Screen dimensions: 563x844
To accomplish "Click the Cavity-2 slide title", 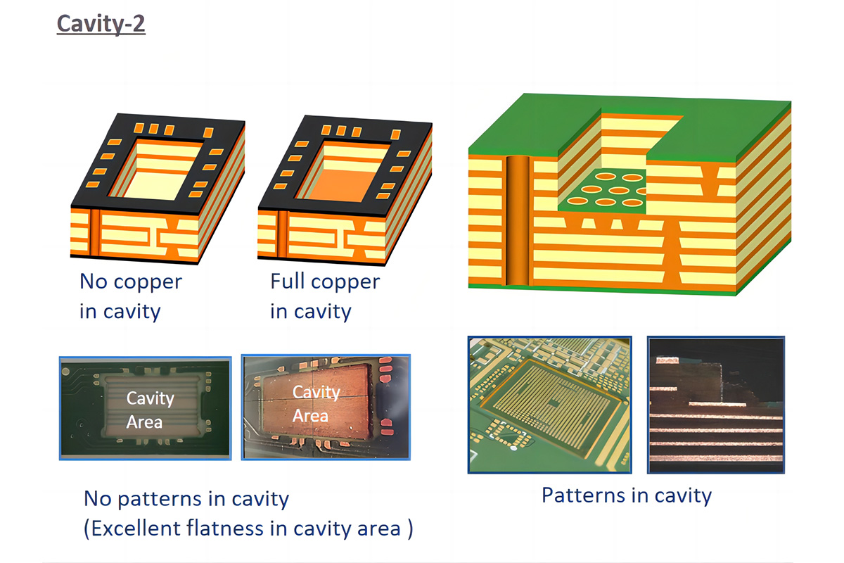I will click(101, 23).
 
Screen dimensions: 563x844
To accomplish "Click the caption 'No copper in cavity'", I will click(130, 296).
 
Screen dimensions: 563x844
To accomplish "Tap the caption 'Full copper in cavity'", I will click(324, 296).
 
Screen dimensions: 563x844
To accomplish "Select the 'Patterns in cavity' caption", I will click(626, 495).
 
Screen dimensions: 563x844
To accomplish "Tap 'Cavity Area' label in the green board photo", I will click(149, 410).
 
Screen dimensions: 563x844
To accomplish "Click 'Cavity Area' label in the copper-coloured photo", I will click(316, 404).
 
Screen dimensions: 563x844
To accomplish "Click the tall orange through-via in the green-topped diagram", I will click(518, 222).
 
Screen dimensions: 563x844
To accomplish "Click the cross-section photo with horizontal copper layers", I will click(715, 405).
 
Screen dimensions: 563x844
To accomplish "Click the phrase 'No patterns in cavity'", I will click(186, 499).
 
